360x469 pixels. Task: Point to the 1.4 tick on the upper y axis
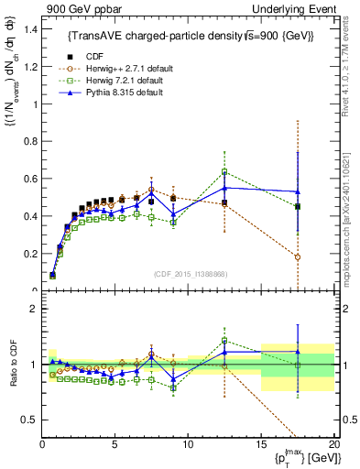tap(29, 29)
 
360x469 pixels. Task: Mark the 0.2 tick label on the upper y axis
tap(29, 254)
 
